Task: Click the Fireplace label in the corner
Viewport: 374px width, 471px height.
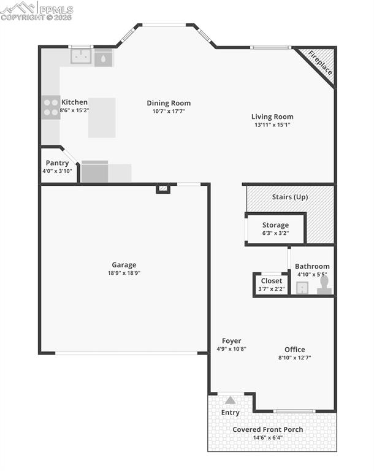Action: point(319,63)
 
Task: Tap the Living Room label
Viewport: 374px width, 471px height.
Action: point(272,117)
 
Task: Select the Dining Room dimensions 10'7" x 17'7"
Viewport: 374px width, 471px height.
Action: point(169,112)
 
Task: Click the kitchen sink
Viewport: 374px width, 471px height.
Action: point(81,57)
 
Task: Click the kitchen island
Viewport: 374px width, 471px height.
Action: point(102,118)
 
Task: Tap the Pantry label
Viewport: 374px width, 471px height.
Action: point(57,163)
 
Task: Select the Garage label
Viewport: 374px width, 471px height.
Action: point(124,265)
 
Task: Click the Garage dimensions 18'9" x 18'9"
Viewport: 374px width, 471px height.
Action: point(124,274)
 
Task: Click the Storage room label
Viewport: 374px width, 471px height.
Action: point(275,225)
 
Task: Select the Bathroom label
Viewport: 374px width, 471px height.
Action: point(312,266)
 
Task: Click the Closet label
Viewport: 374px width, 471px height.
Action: point(272,281)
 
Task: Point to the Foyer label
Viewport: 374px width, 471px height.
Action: point(231,341)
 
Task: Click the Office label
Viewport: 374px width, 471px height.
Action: point(295,350)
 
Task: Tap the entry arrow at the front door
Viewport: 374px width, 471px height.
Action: point(230,400)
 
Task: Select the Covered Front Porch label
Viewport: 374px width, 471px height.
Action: point(267,429)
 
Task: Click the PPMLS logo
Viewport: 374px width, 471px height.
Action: point(37,10)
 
